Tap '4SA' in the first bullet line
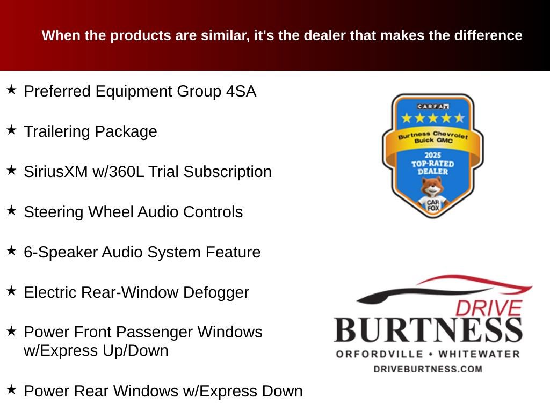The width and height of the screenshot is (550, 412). [241, 91]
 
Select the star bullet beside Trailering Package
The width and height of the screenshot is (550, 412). [11, 130]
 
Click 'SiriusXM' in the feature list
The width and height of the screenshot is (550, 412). [56, 172]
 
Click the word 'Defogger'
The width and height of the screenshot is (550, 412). [216, 292]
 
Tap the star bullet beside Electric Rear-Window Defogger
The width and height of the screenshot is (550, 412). [11, 291]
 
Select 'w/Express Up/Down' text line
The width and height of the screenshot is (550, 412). [96, 350]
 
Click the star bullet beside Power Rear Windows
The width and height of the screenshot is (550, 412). [11, 389]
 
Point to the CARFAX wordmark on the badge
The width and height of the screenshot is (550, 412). [433, 106]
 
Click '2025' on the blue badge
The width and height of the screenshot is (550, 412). [432, 155]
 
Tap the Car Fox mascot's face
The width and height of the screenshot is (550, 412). [432, 187]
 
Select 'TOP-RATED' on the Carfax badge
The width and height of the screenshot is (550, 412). [432, 164]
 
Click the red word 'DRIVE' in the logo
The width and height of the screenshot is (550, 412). [489, 308]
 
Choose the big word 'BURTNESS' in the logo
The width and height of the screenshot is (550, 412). [428, 330]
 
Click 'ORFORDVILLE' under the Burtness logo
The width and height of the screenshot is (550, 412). [380, 354]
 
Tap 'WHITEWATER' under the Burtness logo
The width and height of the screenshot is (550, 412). [479, 354]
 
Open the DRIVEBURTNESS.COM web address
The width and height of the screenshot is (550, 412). [428, 369]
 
